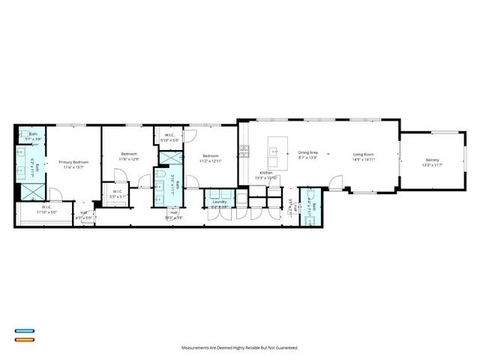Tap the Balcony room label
pos(432,160)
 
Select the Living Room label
pos(364,153)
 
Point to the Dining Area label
pos(308,152)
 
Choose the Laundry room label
pos(219,202)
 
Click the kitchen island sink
pos(275,151)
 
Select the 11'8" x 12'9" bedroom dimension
pos(129,159)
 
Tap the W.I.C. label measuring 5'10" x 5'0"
pos(170,139)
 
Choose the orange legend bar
pos(23,339)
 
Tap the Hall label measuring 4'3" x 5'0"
pos(83,217)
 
